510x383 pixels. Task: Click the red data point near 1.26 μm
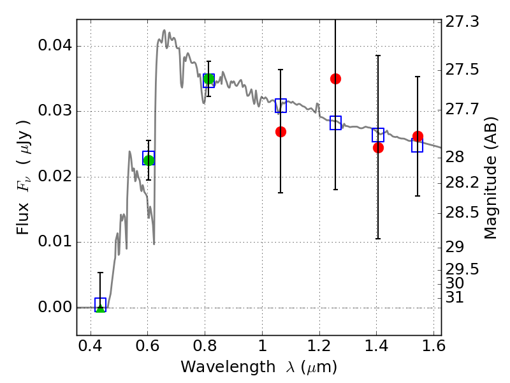coord(335,79)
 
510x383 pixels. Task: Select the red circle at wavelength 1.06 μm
coord(280,131)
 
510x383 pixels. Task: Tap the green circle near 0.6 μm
coord(149,160)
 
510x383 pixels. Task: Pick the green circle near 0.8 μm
coord(208,79)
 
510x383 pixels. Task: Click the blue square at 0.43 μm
coord(100,304)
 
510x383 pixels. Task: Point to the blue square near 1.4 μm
coord(378,135)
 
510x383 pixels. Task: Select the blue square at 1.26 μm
coord(335,123)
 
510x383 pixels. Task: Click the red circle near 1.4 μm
coord(378,147)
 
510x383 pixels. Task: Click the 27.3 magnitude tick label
coord(464,22)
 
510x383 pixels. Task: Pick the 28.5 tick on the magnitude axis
coord(464,212)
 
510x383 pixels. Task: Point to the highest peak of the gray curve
coord(164,30)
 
